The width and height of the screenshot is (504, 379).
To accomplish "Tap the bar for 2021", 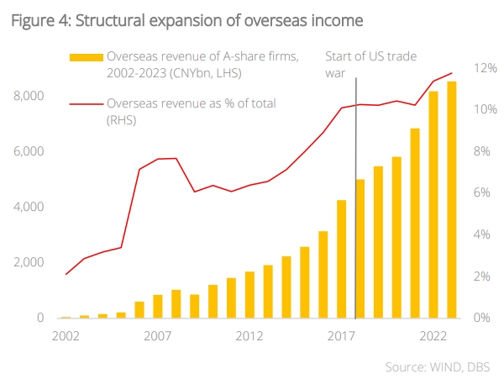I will point(415,224).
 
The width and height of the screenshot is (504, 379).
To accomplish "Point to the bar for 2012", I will point(249,295).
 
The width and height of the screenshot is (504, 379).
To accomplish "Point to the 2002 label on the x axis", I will point(66,336).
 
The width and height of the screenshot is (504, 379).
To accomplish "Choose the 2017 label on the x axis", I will point(342,336).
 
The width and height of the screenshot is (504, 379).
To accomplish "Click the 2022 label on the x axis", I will point(433,336).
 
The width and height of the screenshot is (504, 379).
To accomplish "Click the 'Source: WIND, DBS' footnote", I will point(437,366).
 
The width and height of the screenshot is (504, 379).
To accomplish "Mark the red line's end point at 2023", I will point(452,73).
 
